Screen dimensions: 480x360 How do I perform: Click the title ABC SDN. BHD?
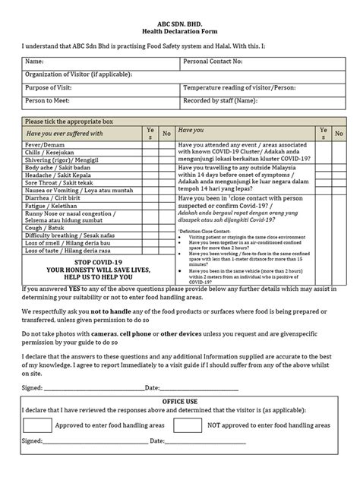click(x=180, y=24)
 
